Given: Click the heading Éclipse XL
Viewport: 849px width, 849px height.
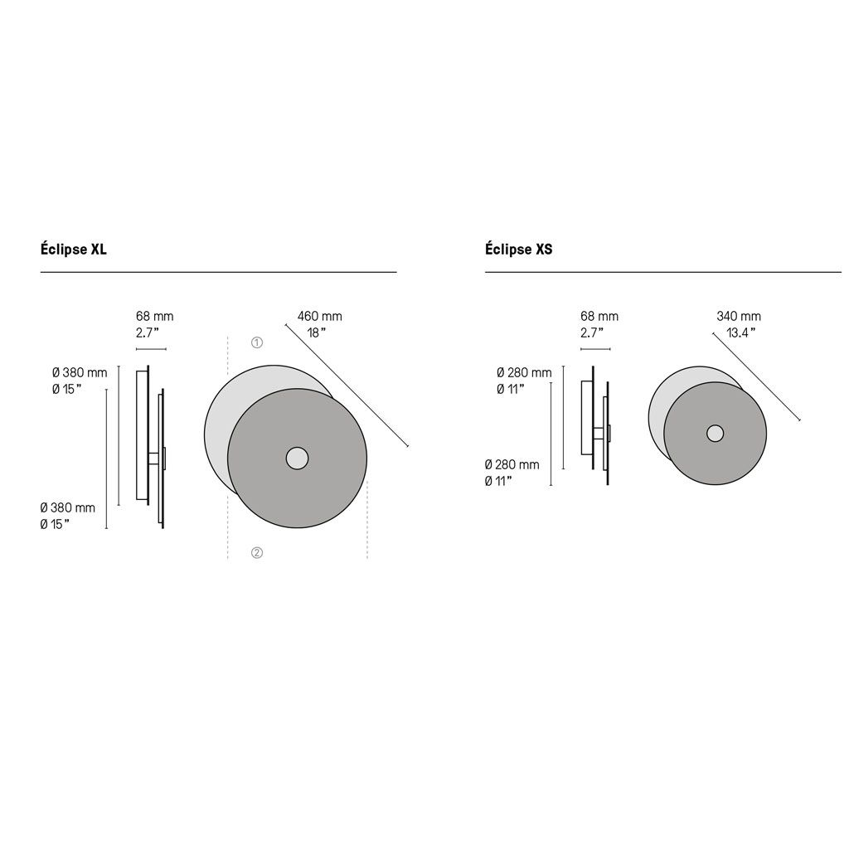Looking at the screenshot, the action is click(x=74, y=249).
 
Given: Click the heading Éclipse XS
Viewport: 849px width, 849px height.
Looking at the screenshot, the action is click(x=519, y=249).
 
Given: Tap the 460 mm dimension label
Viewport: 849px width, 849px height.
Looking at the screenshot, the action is click(x=319, y=316).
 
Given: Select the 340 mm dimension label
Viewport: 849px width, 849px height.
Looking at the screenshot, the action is click(x=739, y=316).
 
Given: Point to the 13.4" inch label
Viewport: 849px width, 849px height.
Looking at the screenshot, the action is click(x=740, y=332).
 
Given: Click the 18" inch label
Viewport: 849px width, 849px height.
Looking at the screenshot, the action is click(x=317, y=332).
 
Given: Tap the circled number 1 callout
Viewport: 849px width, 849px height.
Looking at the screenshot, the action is click(x=257, y=342).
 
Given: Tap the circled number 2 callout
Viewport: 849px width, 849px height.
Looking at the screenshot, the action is click(x=257, y=552).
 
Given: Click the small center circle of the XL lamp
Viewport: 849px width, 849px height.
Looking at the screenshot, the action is click(x=298, y=458).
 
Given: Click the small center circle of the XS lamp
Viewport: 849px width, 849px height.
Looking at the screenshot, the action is click(x=716, y=433).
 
